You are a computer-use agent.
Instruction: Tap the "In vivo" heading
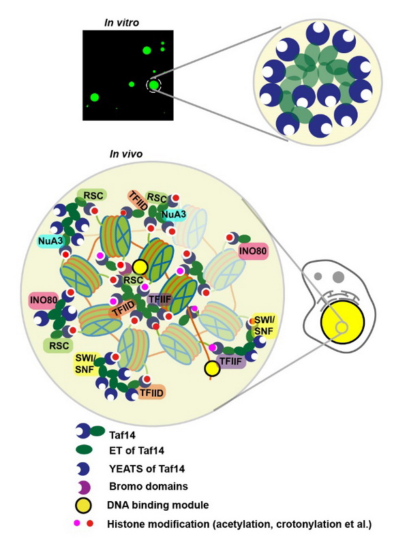tap(126, 153)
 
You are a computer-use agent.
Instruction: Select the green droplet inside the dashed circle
tap(154, 85)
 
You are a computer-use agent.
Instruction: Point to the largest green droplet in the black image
tap(147, 50)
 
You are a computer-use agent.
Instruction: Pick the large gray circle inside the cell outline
tap(338, 277)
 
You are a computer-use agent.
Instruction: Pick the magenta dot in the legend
tap(78, 523)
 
